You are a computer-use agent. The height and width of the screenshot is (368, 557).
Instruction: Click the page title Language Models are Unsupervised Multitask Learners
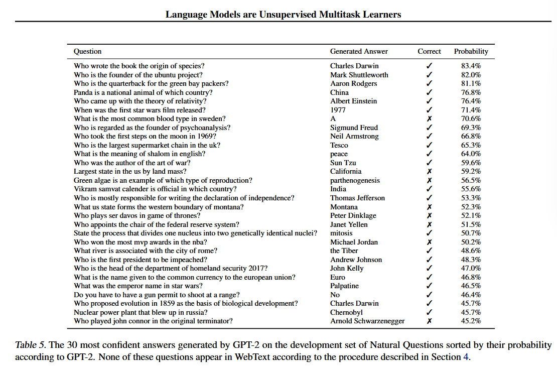pos(283,15)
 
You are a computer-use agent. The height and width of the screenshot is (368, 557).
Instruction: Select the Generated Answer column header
pos(359,51)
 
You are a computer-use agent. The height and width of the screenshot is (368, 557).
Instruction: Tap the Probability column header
pos(471,51)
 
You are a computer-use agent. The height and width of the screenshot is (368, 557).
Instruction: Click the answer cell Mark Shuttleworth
pos(359,75)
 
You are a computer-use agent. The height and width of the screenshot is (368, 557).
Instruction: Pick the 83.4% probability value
pos(471,66)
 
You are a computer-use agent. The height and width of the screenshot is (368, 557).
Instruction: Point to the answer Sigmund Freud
pos(354,128)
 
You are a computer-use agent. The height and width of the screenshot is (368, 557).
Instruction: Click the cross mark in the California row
pos(429,172)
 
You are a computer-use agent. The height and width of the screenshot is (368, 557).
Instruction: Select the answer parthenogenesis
pos(355,180)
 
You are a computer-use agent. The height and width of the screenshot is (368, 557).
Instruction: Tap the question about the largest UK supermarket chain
pos(147,145)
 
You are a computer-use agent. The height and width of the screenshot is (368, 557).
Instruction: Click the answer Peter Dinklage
pos(353,215)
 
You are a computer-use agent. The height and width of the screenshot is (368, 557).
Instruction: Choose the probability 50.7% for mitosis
pos(471,233)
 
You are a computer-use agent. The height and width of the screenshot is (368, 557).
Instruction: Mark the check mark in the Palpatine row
pos(429,286)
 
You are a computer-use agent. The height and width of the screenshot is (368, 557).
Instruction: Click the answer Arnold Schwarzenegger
pos(367,321)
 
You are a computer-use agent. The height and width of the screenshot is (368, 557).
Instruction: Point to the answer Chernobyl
pos(346,312)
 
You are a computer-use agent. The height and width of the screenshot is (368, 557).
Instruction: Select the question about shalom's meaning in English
pos(139,154)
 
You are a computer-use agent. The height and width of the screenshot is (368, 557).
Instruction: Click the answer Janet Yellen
pos(349,224)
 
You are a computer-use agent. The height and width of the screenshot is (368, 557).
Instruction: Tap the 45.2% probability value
pos(471,321)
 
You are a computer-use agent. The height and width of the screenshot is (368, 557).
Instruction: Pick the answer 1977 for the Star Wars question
pos(338,110)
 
